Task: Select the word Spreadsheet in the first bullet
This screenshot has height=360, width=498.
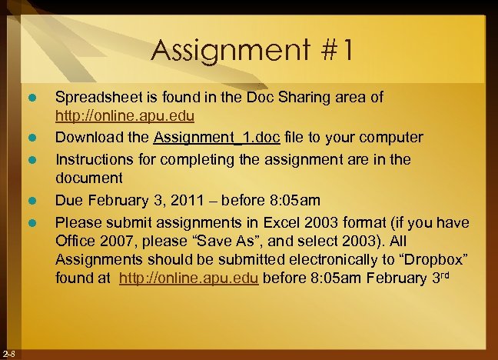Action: (99, 98)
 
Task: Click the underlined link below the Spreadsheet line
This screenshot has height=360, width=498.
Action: (124, 117)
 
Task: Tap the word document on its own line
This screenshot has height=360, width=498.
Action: (88, 177)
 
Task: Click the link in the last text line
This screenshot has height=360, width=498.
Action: (190, 278)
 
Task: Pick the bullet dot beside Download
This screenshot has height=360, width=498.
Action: (32, 138)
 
